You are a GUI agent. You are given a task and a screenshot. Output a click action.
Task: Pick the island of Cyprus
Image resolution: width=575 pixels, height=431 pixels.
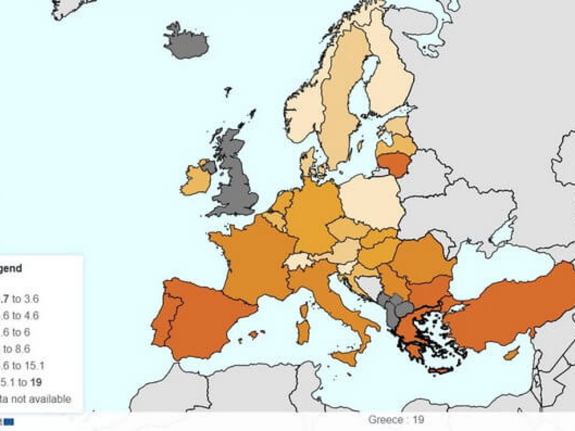[x=511, y=354]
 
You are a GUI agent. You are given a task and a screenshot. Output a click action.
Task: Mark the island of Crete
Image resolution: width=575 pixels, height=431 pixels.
[x=441, y=370]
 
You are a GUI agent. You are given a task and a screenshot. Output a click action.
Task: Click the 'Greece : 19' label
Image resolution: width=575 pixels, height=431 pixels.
[x=396, y=420]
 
